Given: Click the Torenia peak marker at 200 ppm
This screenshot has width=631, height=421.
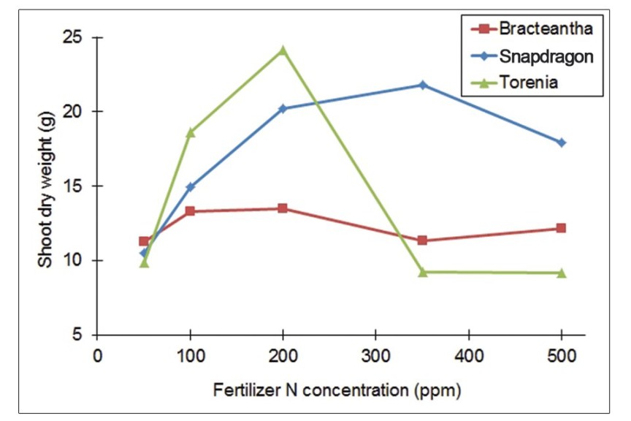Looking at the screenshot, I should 283,50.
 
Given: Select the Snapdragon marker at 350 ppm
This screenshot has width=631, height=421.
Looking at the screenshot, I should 422,85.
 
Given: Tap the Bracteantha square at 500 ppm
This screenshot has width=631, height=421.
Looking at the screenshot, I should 561,228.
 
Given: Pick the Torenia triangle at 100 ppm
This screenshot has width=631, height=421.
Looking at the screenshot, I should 191,132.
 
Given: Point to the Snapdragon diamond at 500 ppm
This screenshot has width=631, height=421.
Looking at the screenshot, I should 561,143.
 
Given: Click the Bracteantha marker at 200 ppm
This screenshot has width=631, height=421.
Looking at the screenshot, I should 283,208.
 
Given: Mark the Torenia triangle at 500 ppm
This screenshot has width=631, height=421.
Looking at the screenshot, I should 561,273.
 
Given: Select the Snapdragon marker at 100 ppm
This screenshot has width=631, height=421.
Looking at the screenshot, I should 191,187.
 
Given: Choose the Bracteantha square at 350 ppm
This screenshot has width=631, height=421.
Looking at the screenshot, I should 422,240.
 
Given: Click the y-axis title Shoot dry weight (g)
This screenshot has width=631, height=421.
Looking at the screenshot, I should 46,186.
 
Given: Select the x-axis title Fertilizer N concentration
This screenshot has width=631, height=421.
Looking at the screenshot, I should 337,390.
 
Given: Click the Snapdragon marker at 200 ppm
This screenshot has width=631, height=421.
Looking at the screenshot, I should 283,109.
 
